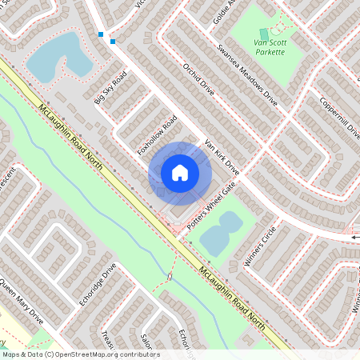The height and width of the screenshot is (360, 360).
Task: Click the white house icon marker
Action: (179, 173)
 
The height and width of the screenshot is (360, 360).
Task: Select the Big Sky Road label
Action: (110, 88)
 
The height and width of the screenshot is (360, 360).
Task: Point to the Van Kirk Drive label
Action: (222, 157)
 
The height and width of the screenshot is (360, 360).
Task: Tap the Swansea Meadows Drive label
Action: (246, 74)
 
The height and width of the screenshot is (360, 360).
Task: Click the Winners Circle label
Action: (258, 246)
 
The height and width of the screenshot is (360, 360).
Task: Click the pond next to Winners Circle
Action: (220, 233)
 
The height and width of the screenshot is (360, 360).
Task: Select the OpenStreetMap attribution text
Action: (80, 354)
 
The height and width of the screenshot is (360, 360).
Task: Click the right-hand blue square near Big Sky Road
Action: (113, 42)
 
